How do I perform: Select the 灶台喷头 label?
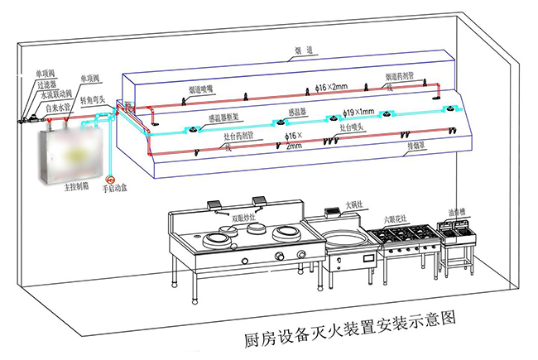[354, 127]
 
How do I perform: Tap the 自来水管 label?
[57, 107]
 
